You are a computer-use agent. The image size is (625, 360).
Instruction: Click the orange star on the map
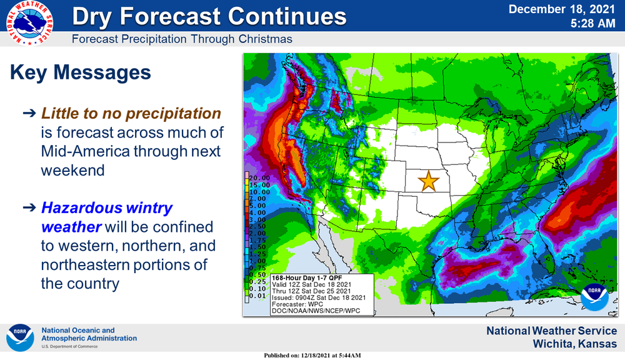point(428,181)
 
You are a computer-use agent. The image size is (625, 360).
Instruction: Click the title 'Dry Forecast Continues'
point(209,16)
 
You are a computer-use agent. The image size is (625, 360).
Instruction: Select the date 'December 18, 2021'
point(562,9)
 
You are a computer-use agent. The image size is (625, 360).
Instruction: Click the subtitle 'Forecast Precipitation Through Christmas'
point(182,39)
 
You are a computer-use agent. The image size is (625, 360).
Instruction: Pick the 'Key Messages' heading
point(81,72)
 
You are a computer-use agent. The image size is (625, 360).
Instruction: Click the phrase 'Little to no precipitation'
point(131,114)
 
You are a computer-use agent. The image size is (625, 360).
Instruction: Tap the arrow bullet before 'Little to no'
point(29,114)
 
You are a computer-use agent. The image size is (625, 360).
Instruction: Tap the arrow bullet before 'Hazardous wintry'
point(29,208)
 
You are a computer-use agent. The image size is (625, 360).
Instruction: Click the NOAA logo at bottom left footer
point(20,337)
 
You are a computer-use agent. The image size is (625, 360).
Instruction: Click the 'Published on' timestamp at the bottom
point(312,355)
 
